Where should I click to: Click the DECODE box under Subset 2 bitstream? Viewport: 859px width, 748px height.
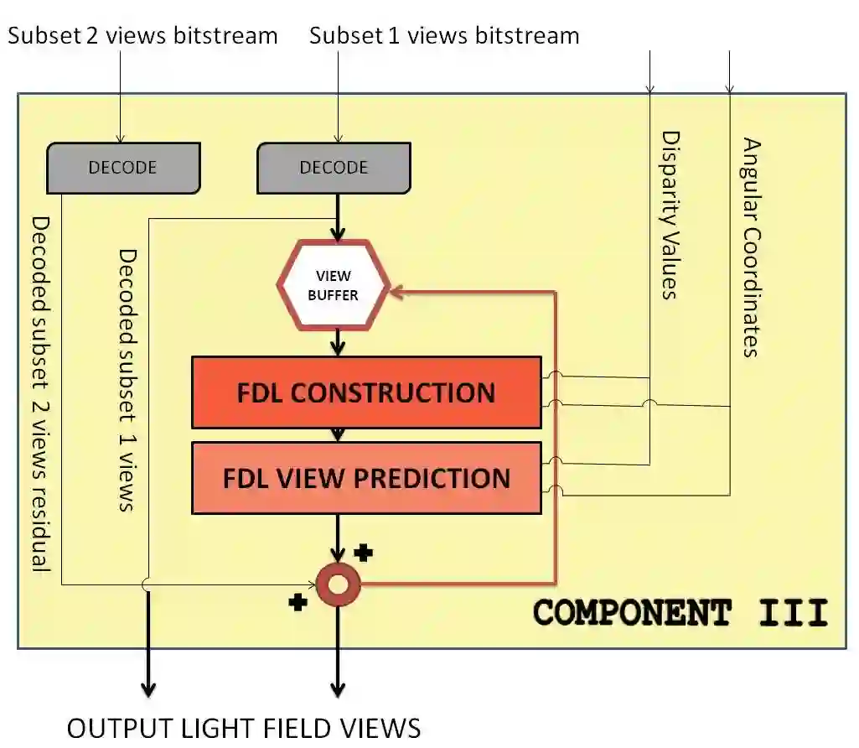(123, 168)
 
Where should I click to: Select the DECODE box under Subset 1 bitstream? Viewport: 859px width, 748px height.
(334, 168)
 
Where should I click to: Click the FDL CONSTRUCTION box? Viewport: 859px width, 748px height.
(366, 392)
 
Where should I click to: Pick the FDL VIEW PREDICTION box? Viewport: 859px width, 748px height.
(366, 478)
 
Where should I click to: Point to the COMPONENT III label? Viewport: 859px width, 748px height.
(680, 613)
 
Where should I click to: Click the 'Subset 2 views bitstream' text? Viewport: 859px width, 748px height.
(142, 36)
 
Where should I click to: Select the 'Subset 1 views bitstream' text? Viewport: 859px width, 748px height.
(444, 36)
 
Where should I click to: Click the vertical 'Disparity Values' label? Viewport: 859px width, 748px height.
(669, 215)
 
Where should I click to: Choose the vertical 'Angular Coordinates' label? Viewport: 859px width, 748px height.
(751, 247)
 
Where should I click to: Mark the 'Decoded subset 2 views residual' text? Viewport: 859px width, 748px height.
(39, 394)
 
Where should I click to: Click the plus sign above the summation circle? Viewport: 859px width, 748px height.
(363, 553)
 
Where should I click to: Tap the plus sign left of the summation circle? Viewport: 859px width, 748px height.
(298, 602)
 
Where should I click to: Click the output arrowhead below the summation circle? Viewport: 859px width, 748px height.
(338, 689)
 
